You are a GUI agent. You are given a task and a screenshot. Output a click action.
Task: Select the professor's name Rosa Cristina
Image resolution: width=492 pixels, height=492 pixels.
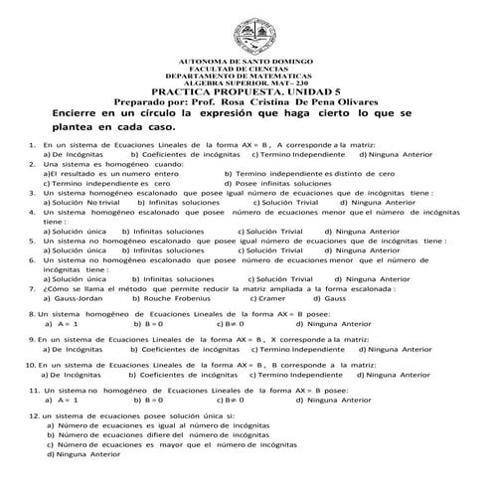[x=266, y=102]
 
